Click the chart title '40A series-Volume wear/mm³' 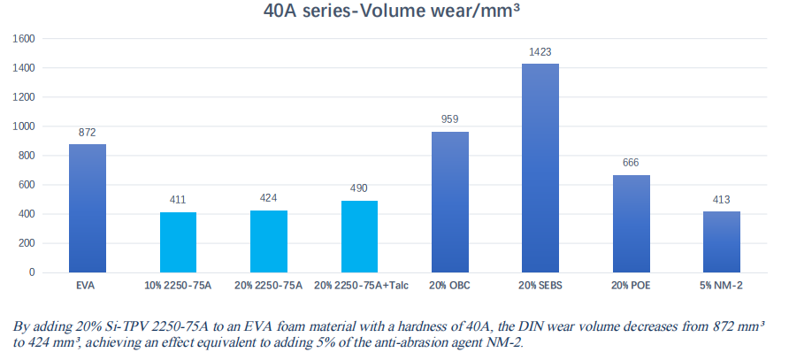pos(394,13)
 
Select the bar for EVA pos(88,208)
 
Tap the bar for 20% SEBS pos(540,168)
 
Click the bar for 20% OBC pos(450,202)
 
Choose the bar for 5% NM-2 pos(722,241)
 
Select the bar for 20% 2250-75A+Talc pos(359,236)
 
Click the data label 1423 pos(540,52)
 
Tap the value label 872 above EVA pos(88,133)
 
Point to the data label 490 pos(359,188)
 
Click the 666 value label pos(632,163)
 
